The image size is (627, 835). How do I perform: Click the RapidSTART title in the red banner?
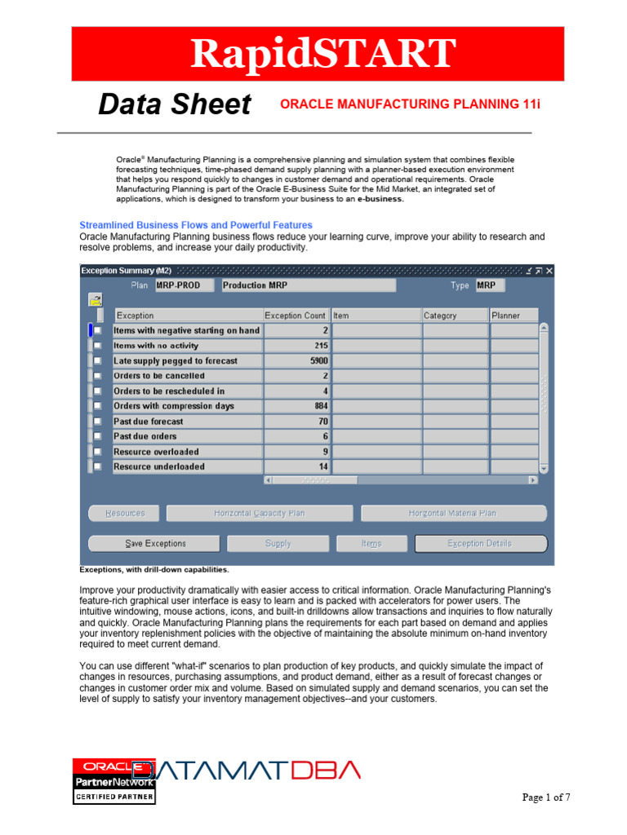[x=322, y=54]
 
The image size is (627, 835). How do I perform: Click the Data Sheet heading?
[x=175, y=104]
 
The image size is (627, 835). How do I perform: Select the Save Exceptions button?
[x=155, y=543]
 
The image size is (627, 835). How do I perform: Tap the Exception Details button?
[x=480, y=543]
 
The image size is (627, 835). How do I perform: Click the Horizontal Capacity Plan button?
[x=260, y=513]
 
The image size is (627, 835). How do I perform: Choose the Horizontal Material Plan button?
[x=453, y=513]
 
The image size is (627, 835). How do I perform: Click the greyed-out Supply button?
[x=278, y=543]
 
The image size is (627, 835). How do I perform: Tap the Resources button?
[x=125, y=513]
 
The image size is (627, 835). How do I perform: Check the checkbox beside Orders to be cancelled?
[x=97, y=376]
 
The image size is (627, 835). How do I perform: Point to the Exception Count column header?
[x=295, y=316]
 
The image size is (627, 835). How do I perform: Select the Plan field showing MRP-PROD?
[x=183, y=285]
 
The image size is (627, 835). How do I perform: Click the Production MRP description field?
[x=307, y=285]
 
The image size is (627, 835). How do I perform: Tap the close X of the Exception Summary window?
[x=549, y=271]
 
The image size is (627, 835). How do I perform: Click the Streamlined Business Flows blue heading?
[x=196, y=225]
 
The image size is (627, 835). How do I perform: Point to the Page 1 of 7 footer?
[x=546, y=797]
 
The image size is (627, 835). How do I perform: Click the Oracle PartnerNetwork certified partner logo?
[x=114, y=781]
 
